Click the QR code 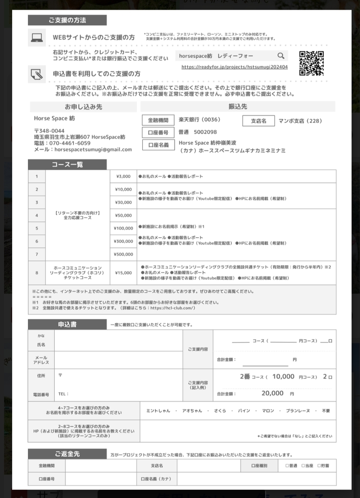(312, 63)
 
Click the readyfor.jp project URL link (234, 67)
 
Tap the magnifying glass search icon (281, 56)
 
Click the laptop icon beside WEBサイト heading (37, 37)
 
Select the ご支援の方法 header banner (67, 21)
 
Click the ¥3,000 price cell (123, 176)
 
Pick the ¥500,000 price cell (123, 254)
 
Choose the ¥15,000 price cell (123, 272)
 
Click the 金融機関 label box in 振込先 (157, 120)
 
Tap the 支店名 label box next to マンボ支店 (258, 120)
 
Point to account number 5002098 (205, 132)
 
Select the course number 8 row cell (37, 272)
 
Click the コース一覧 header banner (67, 165)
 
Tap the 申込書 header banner (67, 324)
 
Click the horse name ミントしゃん (158, 411)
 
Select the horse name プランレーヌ (298, 411)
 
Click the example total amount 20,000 (272, 393)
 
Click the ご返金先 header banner (67, 454)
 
